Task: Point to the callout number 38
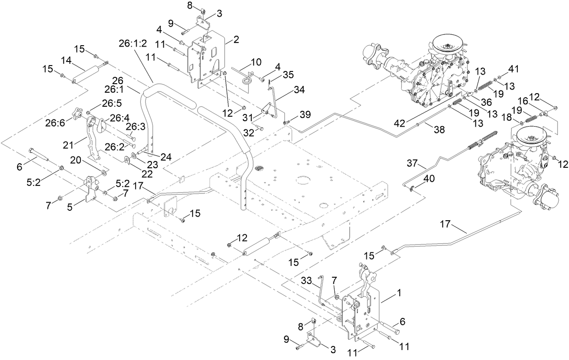[x=439, y=129]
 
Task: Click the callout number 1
[x=399, y=293]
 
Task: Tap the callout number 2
[x=235, y=40]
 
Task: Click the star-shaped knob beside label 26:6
[x=79, y=111]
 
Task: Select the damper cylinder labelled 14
[x=88, y=74]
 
